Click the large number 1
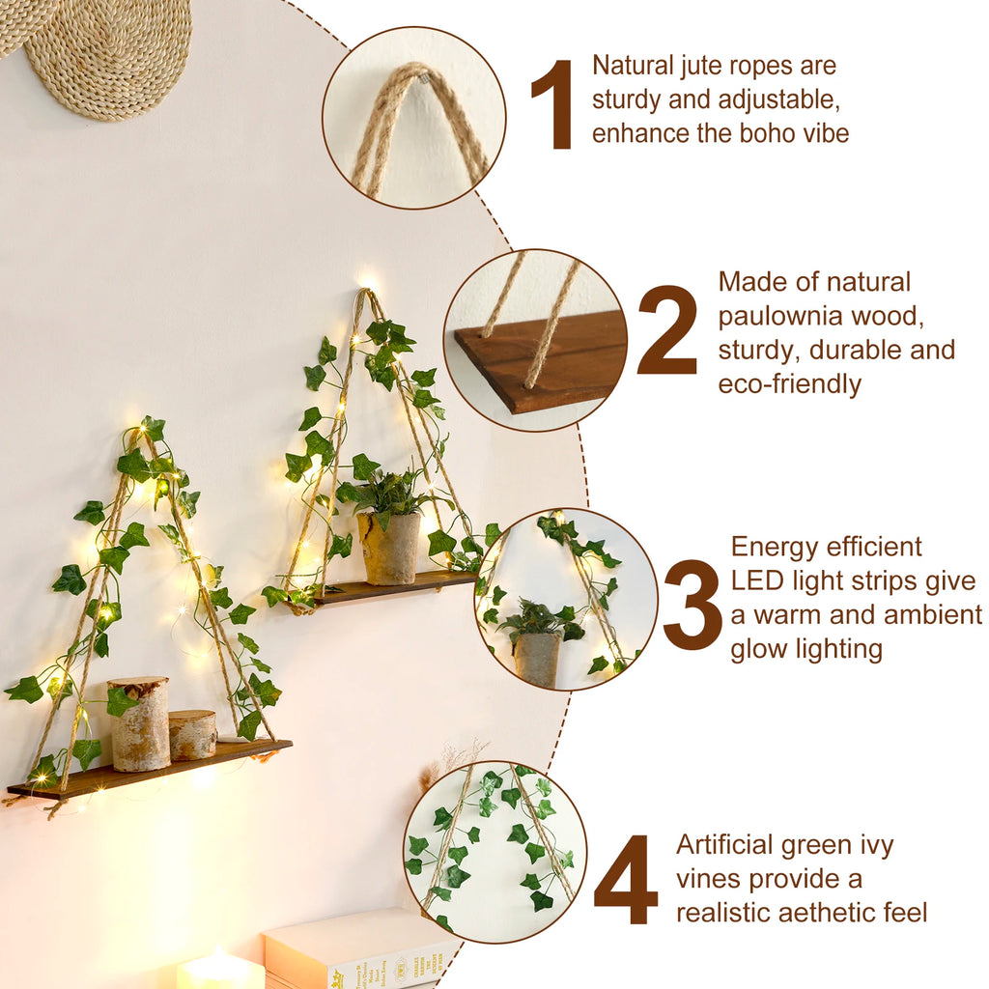click(x=554, y=105)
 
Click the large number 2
click(x=666, y=331)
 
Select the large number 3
click(x=692, y=605)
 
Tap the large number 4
click(x=626, y=880)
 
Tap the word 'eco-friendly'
click(x=789, y=383)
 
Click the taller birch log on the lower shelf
click(x=140, y=723)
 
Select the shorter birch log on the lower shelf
click(x=193, y=734)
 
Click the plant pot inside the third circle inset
click(x=537, y=657)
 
